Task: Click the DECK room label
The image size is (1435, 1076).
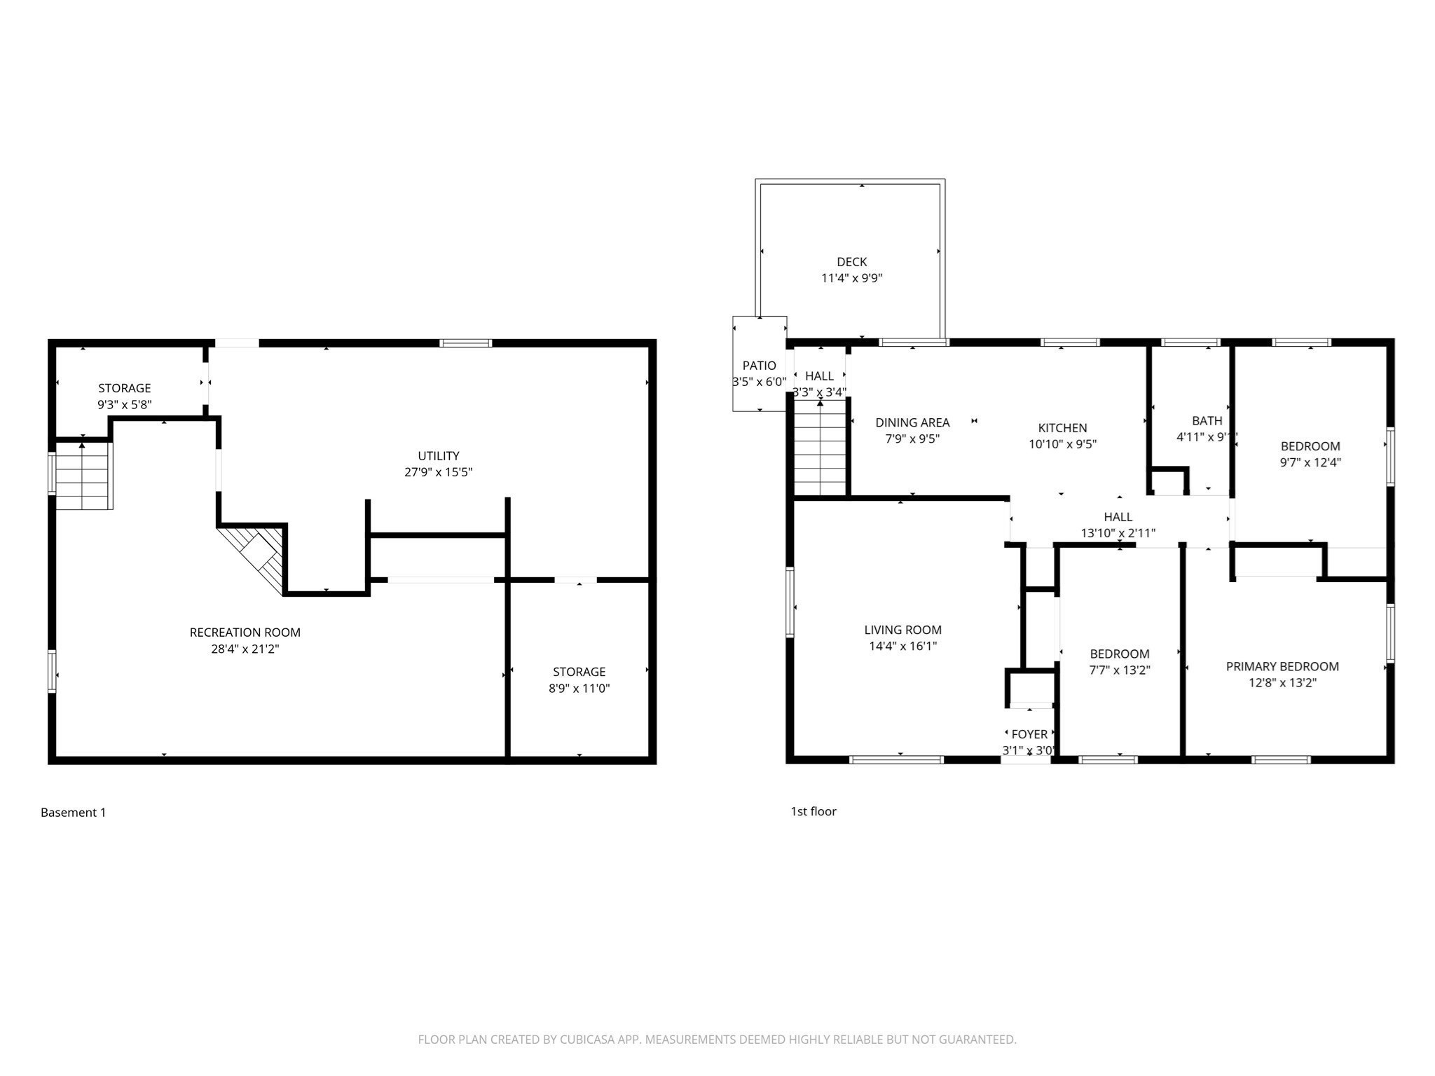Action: tap(851, 262)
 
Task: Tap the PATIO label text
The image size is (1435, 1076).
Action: tap(759, 366)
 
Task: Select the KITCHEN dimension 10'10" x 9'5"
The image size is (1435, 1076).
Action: tap(1062, 444)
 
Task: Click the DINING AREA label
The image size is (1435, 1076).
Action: tap(912, 422)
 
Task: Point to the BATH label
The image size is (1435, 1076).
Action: tap(1207, 421)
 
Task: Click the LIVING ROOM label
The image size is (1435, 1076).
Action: tap(902, 630)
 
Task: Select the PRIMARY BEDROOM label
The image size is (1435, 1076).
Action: tap(1282, 666)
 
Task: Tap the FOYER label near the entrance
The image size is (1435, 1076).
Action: tap(1029, 734)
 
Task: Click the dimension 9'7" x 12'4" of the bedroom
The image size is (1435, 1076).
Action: tap(1310, 462)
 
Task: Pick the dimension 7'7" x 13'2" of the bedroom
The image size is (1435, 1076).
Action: tap(1119, 670)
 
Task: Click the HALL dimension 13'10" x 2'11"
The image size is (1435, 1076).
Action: tap(1118, 533)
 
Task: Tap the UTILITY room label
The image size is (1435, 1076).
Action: tap(439, 456)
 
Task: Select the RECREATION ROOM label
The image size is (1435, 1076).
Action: tap(245, 633)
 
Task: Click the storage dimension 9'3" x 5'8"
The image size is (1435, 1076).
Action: tap(124, 405)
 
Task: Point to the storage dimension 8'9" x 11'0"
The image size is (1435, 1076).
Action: tap(579, 689)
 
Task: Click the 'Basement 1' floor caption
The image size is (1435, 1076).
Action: tap(74, 813)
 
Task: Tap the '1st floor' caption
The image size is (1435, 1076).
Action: tap(813, 811)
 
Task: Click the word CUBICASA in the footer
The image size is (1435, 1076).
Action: tap(586, 1040)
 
